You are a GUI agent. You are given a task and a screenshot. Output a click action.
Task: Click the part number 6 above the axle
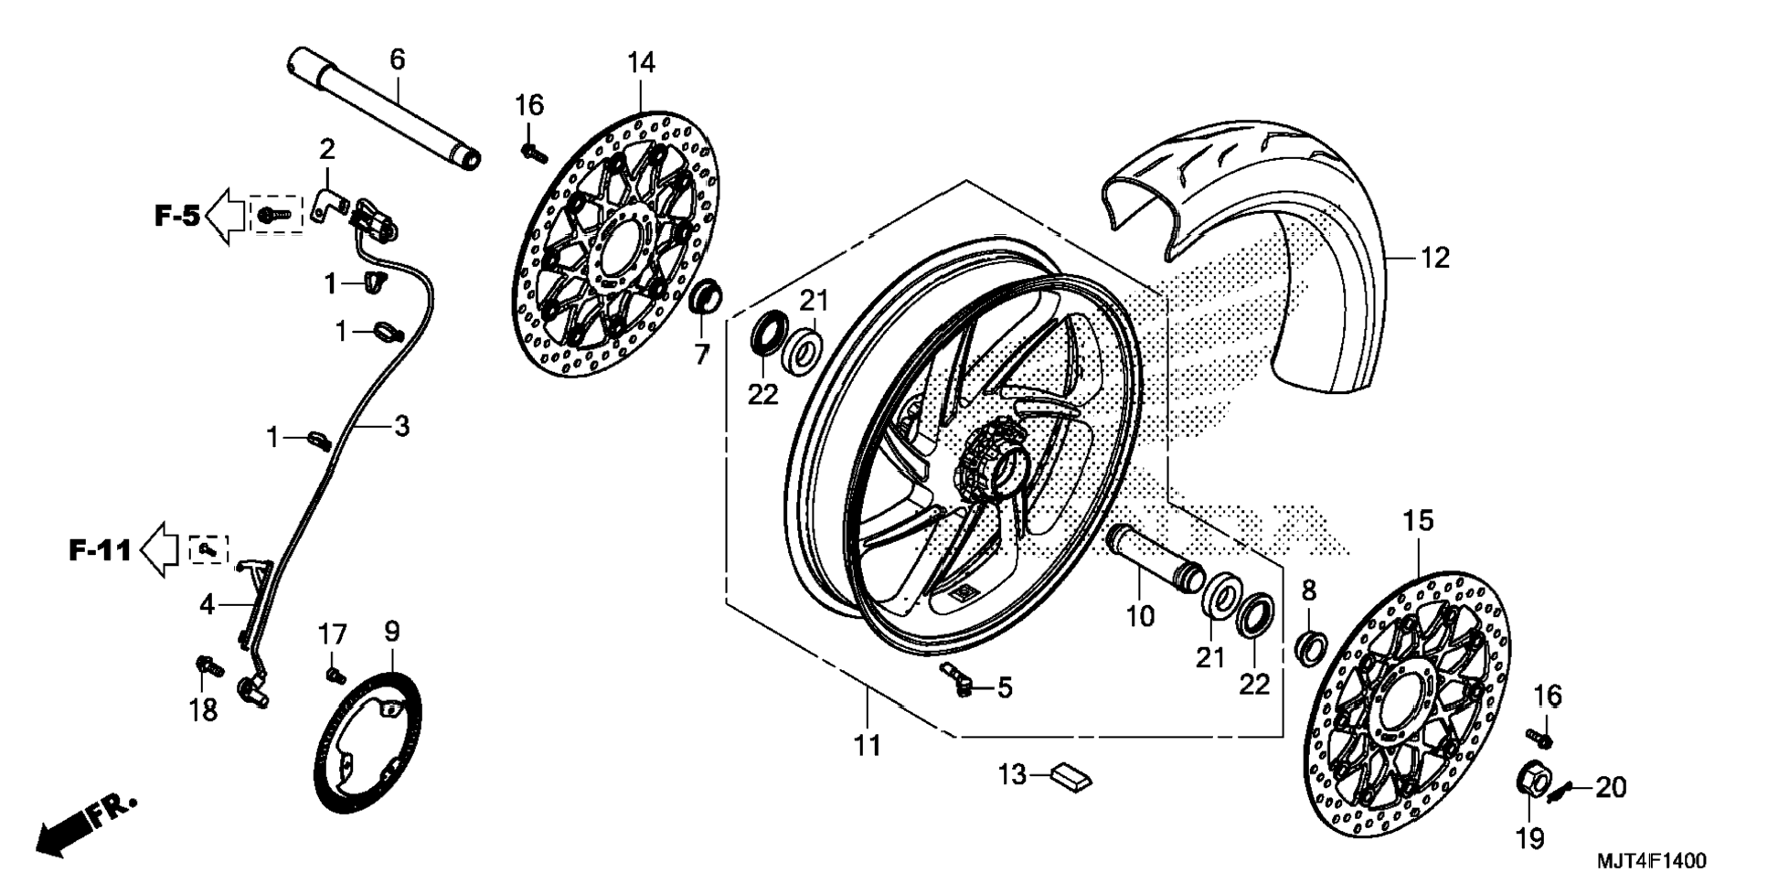click(x=397, y=60)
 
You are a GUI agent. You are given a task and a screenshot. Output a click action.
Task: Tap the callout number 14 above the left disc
click(x=641, y=63)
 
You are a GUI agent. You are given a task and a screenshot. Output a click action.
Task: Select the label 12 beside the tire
click(x=1434, y=258)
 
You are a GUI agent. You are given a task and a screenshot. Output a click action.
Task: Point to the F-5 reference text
click(x=176, y=217)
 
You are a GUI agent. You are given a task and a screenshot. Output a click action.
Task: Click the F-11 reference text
click(x=101, y=550)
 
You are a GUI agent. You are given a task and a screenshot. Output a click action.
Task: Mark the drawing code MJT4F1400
click(x=1651, y=861)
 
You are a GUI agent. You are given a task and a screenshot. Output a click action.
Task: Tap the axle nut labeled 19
click(x=1534, y=782)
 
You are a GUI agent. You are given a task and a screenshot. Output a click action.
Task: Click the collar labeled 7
click(x=705, y=297)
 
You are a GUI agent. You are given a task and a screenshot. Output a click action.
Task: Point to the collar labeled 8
click(x=1310, y=646)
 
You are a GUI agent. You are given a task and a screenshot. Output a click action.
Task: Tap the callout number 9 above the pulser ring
click(x=391, y=632)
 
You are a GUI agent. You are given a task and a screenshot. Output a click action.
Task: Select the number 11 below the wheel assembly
click(x=867, y=746)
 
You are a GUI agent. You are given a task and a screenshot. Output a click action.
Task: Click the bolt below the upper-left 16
click(x=532, y=153)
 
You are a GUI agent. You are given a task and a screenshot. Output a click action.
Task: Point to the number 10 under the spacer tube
click(x=1140, y=616)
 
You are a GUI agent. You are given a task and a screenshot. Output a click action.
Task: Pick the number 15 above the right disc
click(x=1418, y=521)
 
